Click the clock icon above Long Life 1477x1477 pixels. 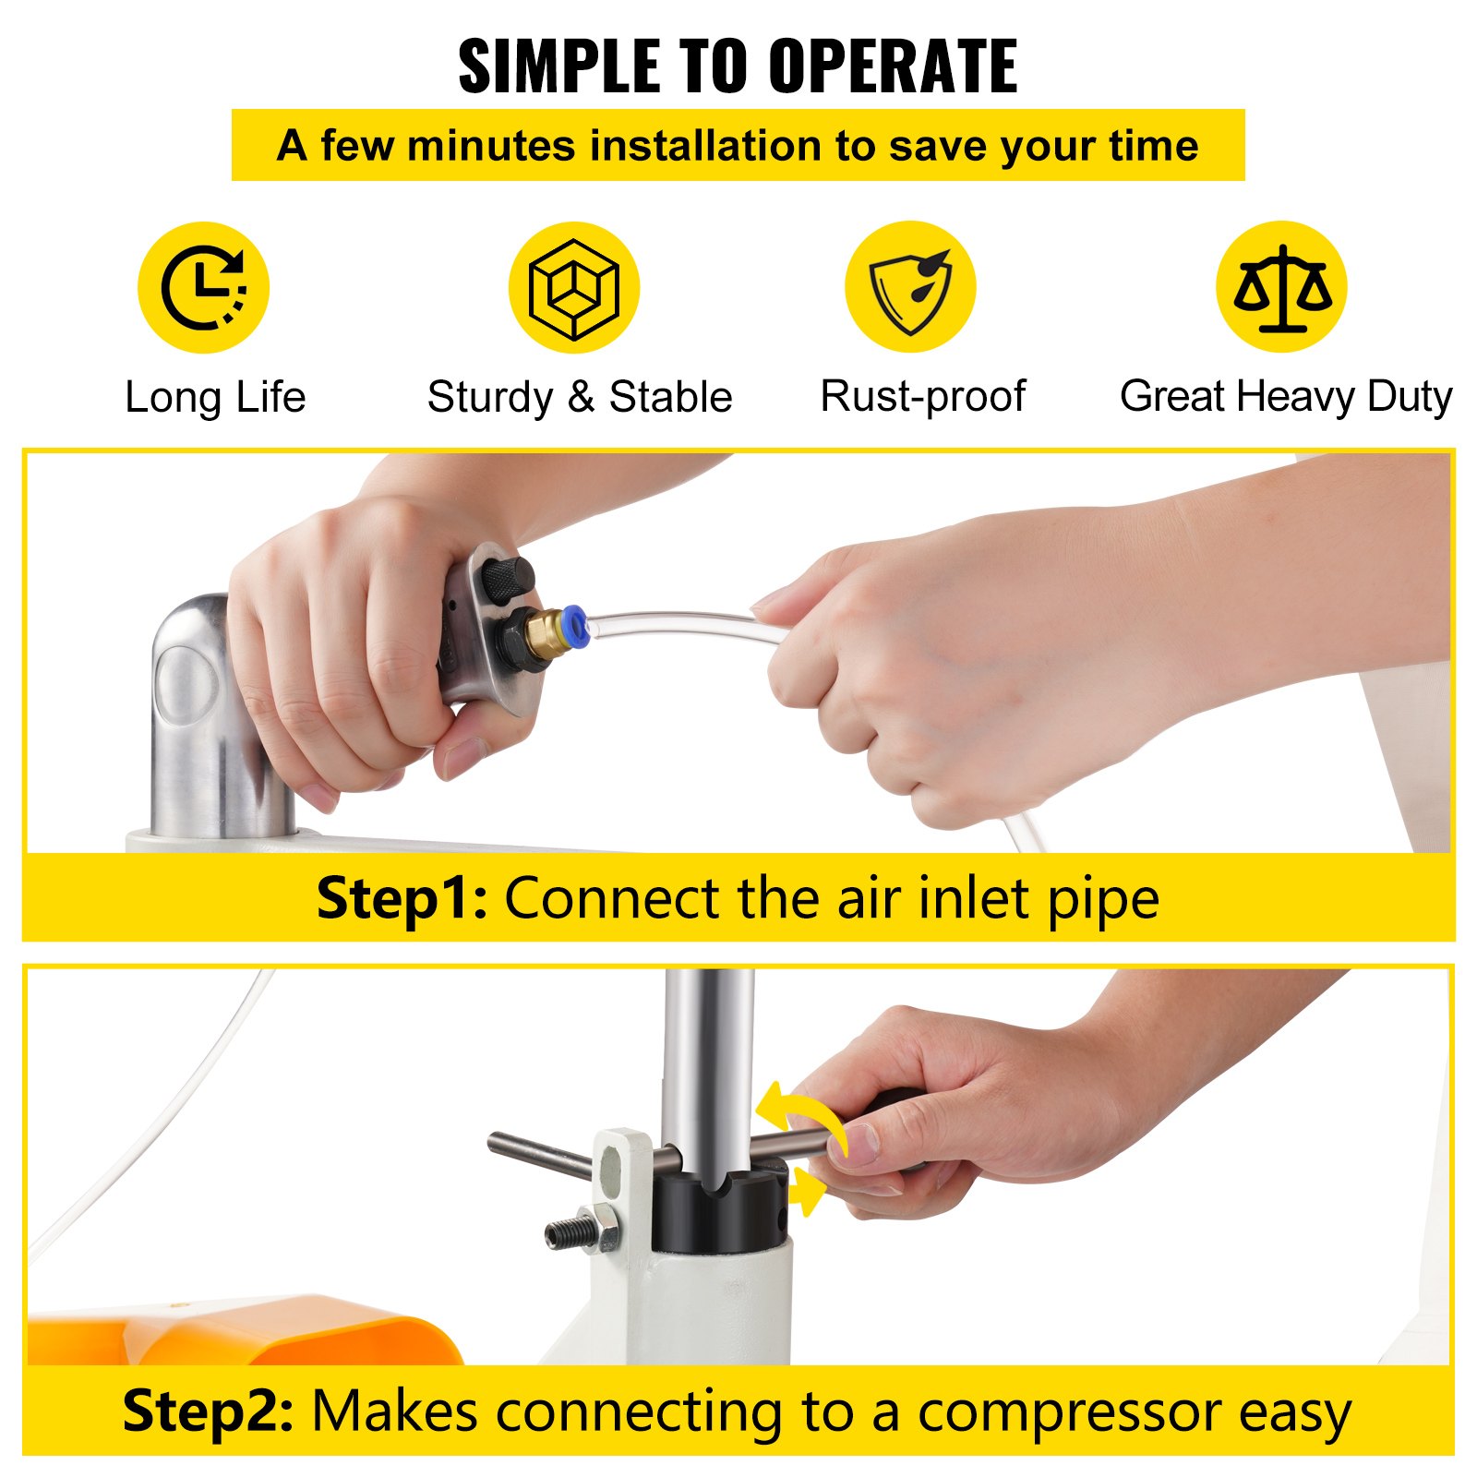(x=203, y=287)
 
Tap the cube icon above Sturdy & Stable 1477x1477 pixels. (x=573, y=287)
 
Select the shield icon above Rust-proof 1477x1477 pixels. (x=910, y=287)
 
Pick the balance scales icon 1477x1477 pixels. (x=1281, y=287)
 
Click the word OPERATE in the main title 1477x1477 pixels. (x=893, y=66)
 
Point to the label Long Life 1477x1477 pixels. (x=215, y=398)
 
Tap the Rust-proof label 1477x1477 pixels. (x=923, y=397)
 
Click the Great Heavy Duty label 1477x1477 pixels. (x=1286, y=397)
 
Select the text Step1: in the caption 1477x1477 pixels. (x=402, y=898)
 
